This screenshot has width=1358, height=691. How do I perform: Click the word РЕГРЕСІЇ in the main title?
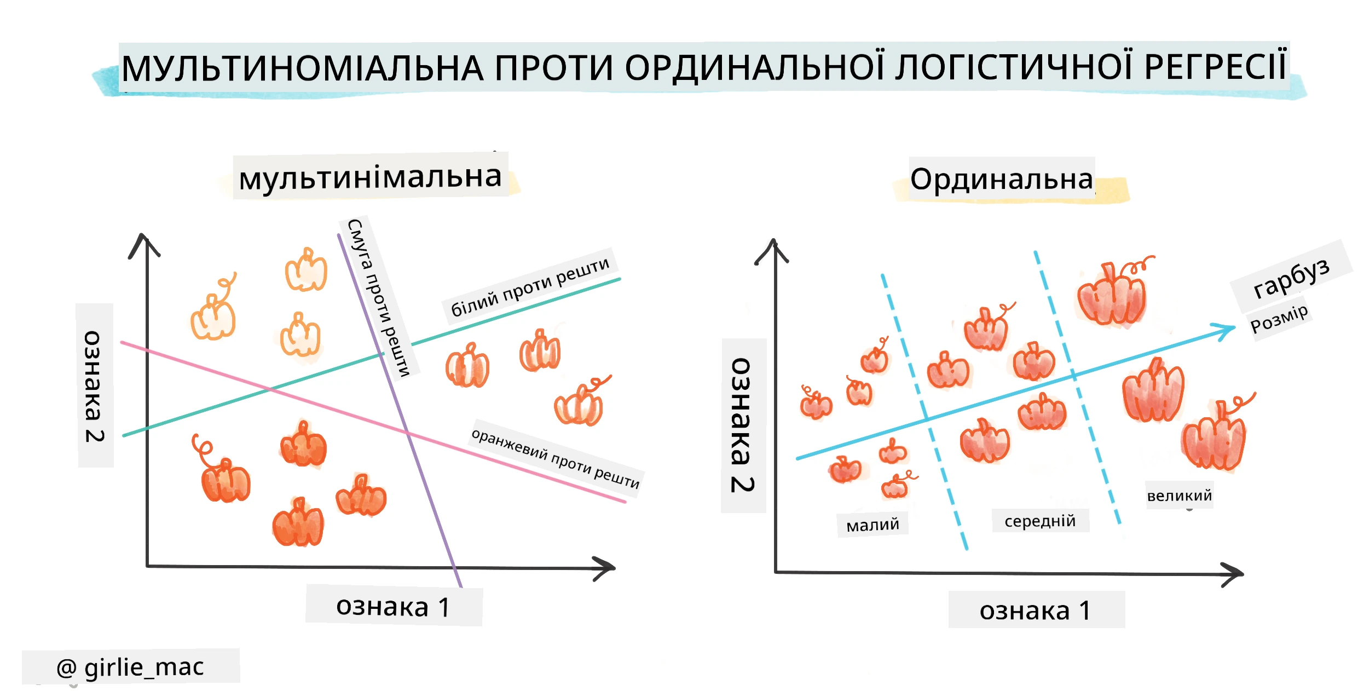[x=1215, y=67]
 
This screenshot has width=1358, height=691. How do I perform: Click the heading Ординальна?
[x=1002, y=179]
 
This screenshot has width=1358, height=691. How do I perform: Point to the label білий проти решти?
[x=530, y=287]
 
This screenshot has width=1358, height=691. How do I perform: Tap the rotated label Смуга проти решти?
[x=379, y=298]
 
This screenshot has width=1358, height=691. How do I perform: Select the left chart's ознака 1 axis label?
[x=393, y=607]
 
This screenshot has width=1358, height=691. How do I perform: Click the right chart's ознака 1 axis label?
[x=1036, y=610]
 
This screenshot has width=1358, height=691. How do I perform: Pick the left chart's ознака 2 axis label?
[x=94, y=386]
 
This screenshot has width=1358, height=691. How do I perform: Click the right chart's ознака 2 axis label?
[x=742, y=425]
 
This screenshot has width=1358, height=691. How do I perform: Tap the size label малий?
[x=872, y=525]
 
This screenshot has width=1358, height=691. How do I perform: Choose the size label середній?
[x=1040, y=521]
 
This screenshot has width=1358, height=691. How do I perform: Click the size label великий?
[x=1180, y=496]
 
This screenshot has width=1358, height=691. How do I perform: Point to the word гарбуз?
[x=1292, y=278]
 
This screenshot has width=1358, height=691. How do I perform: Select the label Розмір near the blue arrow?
[x=1280, y=319]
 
